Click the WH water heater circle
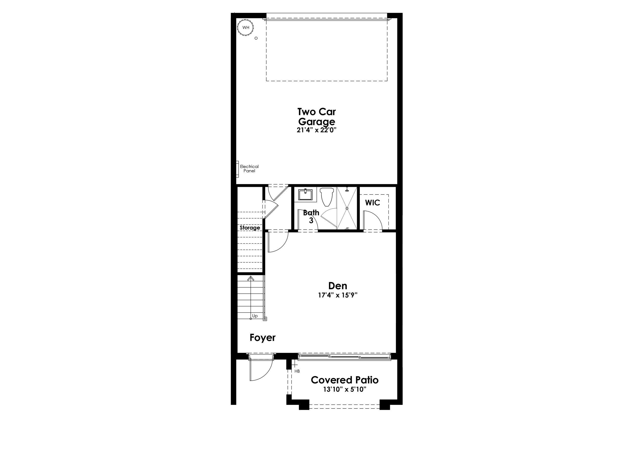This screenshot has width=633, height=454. pyautogui.click(x=246, y=28)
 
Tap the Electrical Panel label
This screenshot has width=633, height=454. pyautogui.click(x=249, y=169)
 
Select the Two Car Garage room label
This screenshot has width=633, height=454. pyautogui.click(x=316, y=117)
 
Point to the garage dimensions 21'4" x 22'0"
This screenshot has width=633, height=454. pyautogui.click(x=316, y=130)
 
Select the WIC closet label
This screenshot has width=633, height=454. pyautogui.click(x=372, y=203)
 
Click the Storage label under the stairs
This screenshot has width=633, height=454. pyautogui.click(x=250, y=228)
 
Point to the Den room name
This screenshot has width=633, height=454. pyautogui.click(x=338, y=286)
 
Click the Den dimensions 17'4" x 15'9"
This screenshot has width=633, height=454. pyautogui.click(x=338, y=295)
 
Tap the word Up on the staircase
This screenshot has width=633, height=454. pyautogui.click(x=255, y=316)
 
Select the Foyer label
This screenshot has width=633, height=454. pyautogui.click(x=262, y=338)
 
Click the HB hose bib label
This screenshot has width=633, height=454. pyautogui.click(x=297, y=371)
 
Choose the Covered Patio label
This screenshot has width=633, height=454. pyautogui.click(x=344, y=380)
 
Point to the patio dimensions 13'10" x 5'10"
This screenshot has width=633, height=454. pyautogui.click(x=344, y=389)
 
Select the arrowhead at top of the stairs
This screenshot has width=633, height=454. pyautogui.click(x=251, y=278)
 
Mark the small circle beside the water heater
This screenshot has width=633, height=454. pyautogui.click(x=256, y=38)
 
